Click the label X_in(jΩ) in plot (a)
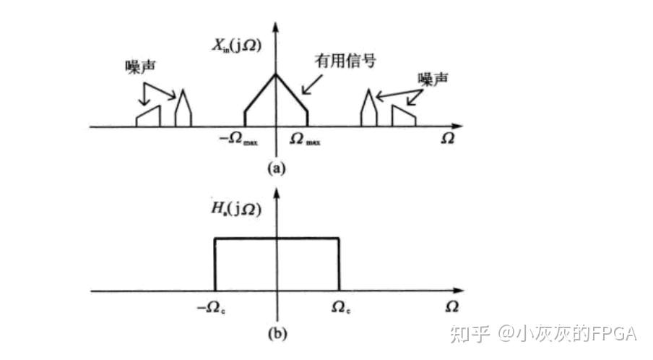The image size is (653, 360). click(236, 46)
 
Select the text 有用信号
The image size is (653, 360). click(345, 61)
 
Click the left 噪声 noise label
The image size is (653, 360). click(139, 67)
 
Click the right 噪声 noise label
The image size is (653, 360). click(432, 77)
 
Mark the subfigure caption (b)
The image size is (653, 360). click(277, 334)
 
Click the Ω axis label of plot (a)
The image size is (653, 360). click(448, 139)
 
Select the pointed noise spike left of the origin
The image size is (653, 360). click(183, 110)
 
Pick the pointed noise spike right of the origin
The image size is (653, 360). click(368, 110)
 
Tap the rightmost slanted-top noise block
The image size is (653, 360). click(403, 117)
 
